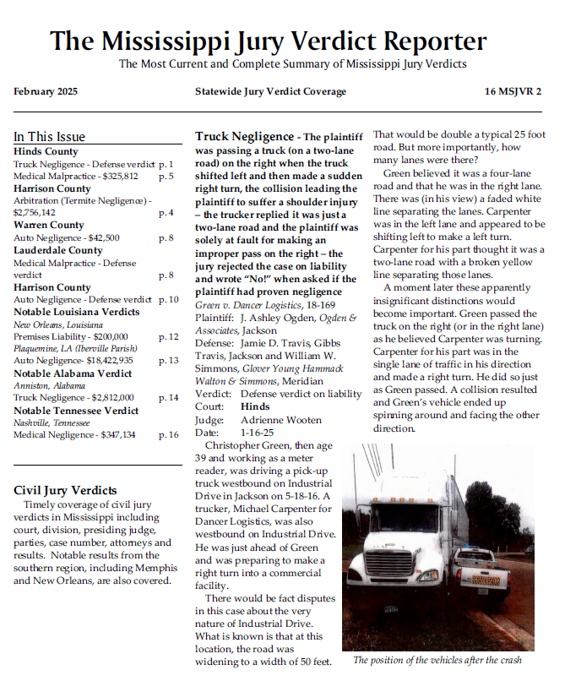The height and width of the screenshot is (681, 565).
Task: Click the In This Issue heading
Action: coord(49,136)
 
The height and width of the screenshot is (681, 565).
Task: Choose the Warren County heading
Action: coord(49,226)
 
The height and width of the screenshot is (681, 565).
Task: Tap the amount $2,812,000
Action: coord(106,398)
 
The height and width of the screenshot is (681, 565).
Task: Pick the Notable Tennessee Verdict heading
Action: coord(76,411)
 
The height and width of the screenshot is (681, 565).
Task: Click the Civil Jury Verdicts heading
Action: coord(66,490)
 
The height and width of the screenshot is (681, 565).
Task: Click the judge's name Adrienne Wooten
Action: coord(269,420)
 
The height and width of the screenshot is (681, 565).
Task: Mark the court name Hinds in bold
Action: coord(256,407)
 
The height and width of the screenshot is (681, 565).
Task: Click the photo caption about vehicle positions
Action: coord(437,661)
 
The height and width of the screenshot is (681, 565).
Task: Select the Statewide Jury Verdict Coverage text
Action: coord(270,91)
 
